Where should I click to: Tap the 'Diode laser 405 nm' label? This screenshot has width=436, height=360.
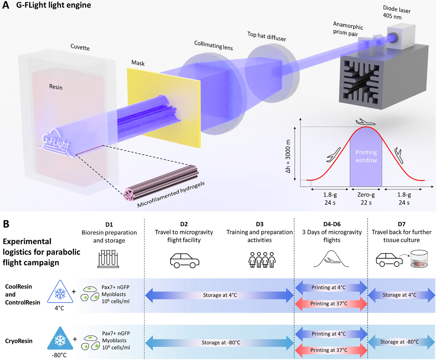pyautogui.click(x=396, y=13)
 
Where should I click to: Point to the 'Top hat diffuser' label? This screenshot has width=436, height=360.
pyautogui.click(x=267, y=36)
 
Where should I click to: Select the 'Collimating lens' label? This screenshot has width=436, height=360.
pyautogui.click(x=214, y=45)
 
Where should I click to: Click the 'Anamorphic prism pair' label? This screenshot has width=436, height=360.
pyautogui.click(x=347, y=29)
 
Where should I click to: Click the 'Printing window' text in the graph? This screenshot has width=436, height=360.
pyautogui.click(x=366, y=156)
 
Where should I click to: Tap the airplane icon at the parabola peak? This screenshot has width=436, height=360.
pyautogui.click(x=365, y=122)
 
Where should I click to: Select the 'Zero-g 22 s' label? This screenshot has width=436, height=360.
pyautogui.click(x=366, y=199)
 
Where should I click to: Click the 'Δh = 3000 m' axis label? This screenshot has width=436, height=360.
pyautogui.click(x=288, y=156)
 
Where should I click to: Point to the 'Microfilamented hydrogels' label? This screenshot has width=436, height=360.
pyautogui.click(x=171, y=194)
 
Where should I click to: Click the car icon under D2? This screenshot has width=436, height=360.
pyautogui.click(x=184, y=260)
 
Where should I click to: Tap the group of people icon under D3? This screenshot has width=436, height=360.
pyautogui.click(x=262, y=260)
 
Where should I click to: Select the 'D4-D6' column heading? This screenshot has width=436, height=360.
pyautogui.click(x=332, y=224)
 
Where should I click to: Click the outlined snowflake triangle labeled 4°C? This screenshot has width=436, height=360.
pyautogui.click(x=60, y=293)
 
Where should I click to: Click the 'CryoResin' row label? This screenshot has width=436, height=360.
pyautogui.click(x=19, y=341)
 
